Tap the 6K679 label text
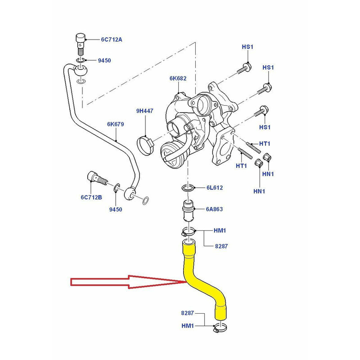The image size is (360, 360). click(115, 124)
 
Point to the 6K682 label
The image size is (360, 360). click(178, 78)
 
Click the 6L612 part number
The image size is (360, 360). click(214, 187)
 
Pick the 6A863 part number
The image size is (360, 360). click(214, 209)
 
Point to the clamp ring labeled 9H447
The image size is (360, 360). click(145, 144)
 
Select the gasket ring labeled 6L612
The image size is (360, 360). click(188, 187)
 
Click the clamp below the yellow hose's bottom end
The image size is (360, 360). click(220, 329)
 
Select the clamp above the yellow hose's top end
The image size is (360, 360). click(189, 233)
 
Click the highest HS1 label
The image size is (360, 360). click(248, 47)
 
